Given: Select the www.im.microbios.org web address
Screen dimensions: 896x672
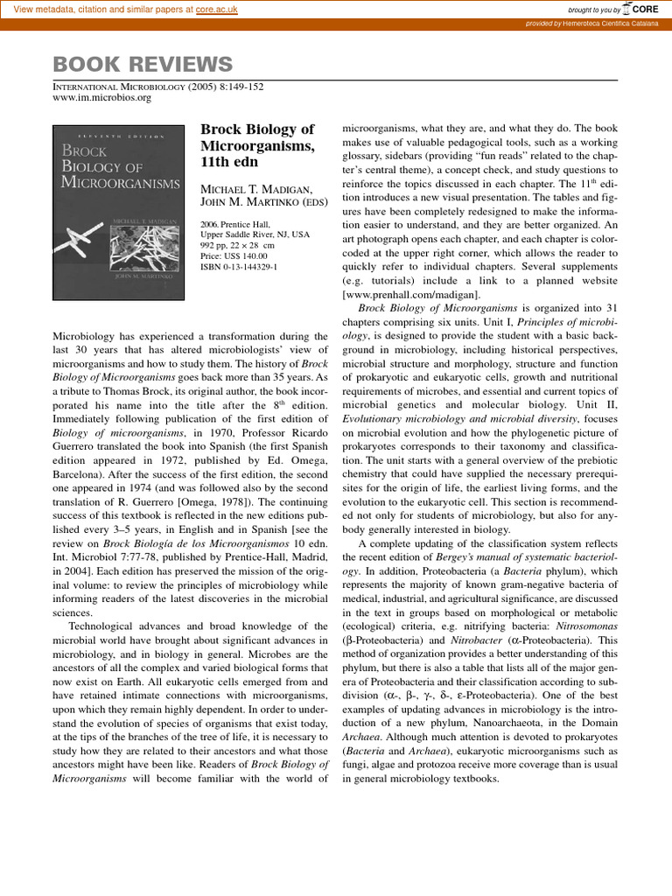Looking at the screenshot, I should (x=102, y=98).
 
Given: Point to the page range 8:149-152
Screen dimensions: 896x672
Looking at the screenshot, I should (x=234, y=87).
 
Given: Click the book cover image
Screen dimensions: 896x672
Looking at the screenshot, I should (x=117, y=207).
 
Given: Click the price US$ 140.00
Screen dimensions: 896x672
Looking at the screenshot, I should (x=238, y=255).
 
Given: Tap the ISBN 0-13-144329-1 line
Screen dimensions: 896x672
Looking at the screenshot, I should (x=239, y=266).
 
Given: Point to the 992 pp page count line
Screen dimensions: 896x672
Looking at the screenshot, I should (x=239, y=245).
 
